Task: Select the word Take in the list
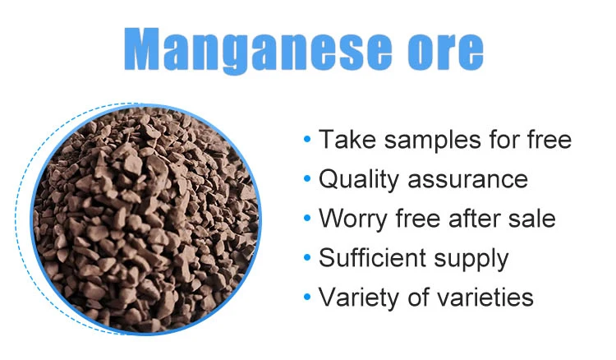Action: pos(344,140)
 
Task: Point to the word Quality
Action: pos(357,179)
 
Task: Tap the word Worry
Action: pos(353,219)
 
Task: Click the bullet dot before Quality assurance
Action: pos(306,179)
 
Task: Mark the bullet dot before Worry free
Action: pos(306,219)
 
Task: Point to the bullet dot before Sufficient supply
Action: pos(306,258)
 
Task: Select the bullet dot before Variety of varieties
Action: pos(306,297)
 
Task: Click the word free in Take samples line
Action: pos(546,140)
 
